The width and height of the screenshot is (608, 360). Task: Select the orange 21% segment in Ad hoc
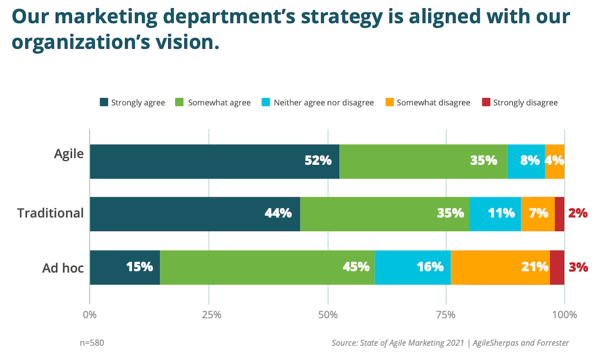[500, 267]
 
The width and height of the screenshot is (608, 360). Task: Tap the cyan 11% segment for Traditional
[495, 214]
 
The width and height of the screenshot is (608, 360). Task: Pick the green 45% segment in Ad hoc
[267, 267]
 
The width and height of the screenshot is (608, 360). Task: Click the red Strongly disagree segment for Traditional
[559, 214]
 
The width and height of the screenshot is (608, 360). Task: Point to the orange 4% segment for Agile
[555, 161]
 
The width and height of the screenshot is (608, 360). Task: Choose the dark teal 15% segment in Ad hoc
[125, 267]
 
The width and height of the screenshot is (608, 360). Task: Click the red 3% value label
[578, 267]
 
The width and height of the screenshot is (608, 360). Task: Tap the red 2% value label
[578, 213]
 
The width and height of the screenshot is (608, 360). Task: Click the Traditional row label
[51, 213]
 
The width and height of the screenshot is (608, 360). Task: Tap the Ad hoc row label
[63, 267]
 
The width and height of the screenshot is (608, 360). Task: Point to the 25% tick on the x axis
[209, 314]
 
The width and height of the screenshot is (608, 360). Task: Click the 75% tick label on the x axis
[446, 314]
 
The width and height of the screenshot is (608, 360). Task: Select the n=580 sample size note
[92, 343]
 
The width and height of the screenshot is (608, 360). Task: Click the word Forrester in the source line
[550, 343]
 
